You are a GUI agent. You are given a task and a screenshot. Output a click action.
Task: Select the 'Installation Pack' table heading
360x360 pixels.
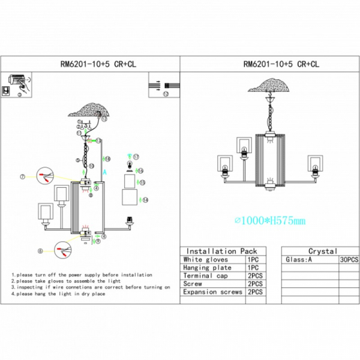(221, 251)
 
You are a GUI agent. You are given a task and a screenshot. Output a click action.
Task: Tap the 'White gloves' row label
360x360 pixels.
(205, 259)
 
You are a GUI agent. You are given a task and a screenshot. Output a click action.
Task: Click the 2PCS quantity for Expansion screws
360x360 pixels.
(254, 292)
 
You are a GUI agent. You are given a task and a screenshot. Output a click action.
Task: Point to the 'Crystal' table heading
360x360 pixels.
(322, 251)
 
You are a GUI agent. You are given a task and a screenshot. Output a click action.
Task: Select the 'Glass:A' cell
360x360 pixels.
(298, 260)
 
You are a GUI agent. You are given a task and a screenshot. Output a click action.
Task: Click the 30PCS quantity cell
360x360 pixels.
(349, 260)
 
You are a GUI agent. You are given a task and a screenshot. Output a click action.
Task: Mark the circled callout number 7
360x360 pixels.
(22, 177)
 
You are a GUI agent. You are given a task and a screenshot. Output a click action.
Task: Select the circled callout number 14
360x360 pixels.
(145, 199)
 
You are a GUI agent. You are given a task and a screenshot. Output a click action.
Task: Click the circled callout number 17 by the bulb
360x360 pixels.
(136, 156)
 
